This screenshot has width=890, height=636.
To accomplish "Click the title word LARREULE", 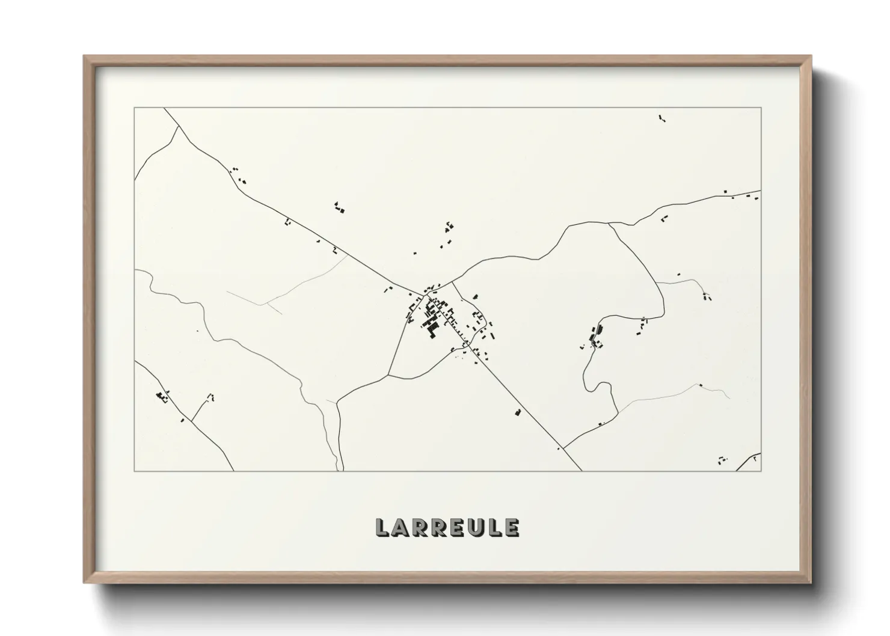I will coord(447,527).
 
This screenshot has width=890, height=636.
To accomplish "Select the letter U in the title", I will coord(476,528).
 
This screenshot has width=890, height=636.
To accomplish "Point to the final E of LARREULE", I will coord(512,528).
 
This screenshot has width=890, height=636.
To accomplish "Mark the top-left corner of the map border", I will coord(135,108).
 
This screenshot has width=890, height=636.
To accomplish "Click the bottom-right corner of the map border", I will coord(761,471).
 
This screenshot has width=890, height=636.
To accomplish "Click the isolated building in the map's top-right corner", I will coord(662,118).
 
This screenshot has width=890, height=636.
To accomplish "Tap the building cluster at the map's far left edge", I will coord(161,396).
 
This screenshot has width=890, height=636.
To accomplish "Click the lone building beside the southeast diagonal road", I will coord(517,412).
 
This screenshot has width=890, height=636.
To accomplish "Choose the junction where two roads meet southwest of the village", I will coord(388,375).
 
